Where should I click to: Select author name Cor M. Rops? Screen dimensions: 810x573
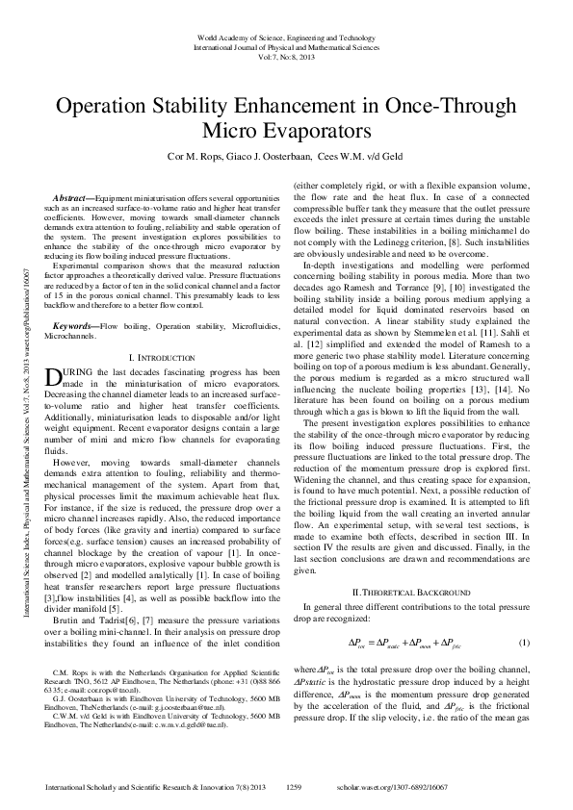coord(200,157)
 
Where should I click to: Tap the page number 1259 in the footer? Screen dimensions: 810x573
coord(296,787)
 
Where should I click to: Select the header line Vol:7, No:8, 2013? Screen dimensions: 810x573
coord(286,54)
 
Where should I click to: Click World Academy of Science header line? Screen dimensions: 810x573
coord(286,35)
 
